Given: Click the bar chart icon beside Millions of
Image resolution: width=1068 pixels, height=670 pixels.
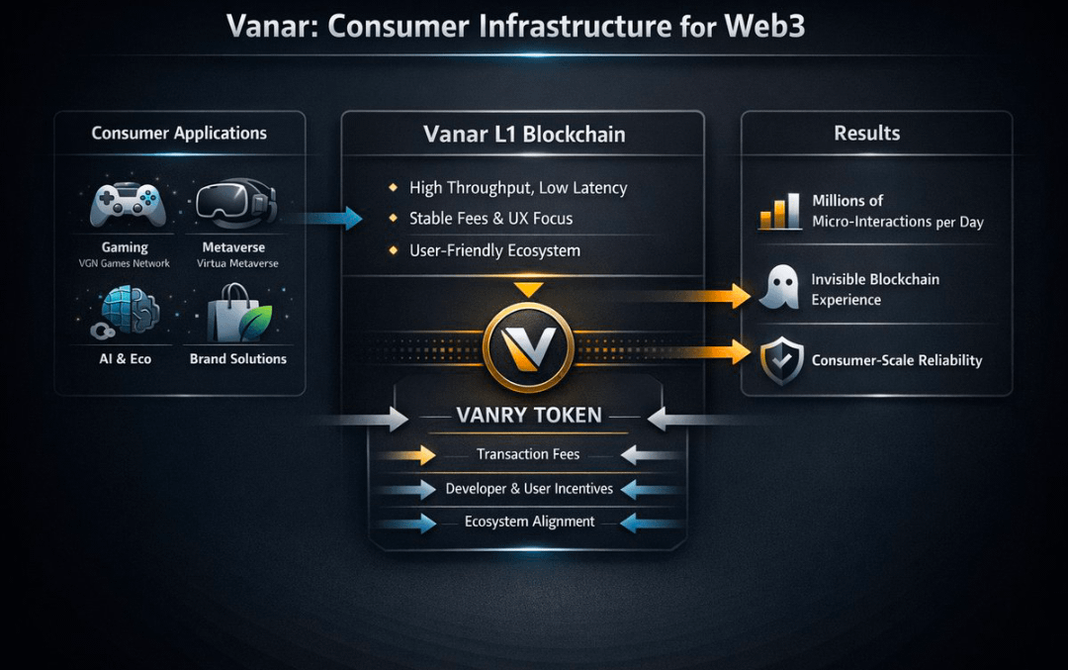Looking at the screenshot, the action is point(779,211).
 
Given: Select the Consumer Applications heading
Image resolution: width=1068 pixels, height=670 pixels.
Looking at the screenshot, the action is point(179,133).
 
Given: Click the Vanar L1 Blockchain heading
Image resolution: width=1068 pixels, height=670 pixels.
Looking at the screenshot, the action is point(524,135).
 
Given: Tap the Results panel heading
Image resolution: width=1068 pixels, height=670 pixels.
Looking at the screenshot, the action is point(866,133).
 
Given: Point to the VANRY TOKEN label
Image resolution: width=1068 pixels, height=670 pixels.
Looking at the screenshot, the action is point(529,416).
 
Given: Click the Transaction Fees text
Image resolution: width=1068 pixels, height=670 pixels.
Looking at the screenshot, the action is point(528,454).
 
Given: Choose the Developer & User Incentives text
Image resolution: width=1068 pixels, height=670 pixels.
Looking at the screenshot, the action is point(529,489).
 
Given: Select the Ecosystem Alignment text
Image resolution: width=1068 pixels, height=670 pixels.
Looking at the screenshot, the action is point(530,522).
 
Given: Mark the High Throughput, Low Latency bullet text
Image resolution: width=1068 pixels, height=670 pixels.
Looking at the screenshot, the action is point(518,188).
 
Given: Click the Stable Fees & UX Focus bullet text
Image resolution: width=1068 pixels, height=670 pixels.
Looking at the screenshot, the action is point(490,219).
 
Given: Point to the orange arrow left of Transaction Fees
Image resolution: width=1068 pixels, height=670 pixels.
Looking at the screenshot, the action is point(407,455).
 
